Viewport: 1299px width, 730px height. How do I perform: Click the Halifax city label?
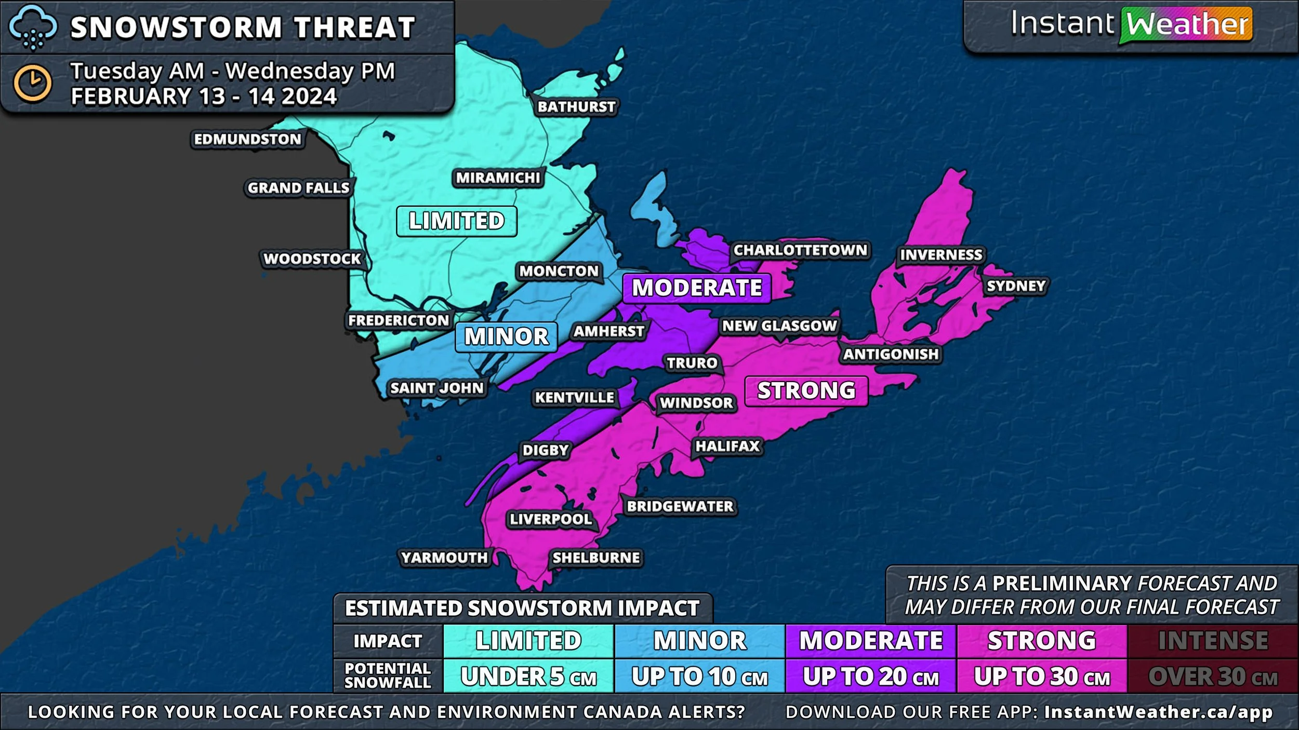pos(727,446)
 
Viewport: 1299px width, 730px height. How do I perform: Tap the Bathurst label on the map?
pos(576,106)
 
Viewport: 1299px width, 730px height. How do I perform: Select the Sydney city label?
pos(1016,286)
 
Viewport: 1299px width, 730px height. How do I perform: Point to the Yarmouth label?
pos(444,558)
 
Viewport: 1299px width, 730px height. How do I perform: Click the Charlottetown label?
pos(800,250)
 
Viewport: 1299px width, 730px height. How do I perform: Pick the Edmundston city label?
pos(247,139)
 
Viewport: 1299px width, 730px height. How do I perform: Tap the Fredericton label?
pos(399,320)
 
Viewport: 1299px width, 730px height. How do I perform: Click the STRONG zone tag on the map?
pos(806,391)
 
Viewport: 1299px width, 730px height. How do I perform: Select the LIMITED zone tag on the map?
pos(456,221)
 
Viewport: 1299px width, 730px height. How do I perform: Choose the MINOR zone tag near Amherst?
pos(506,336)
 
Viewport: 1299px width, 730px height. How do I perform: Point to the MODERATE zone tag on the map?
pos(697,288)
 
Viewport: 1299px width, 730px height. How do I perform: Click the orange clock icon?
pos(32,83)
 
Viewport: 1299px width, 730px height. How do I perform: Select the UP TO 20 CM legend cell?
pos(870,677)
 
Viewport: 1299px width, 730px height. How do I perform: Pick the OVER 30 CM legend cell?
pos(1212,677)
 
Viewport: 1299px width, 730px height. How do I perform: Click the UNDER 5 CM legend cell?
pos(528,677)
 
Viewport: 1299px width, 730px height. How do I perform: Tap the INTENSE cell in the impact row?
pos(1212,641)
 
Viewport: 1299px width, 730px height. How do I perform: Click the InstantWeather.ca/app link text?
pos(1158,712)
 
